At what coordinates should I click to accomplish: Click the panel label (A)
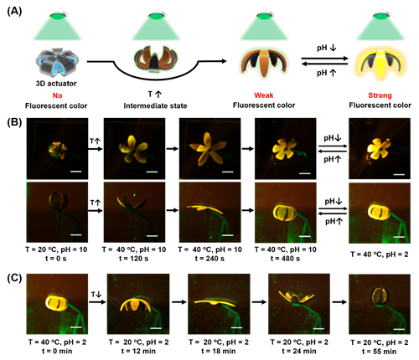[x=14, y=11]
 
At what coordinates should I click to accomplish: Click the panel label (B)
[x=14, y=122]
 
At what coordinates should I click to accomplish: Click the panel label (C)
[x=14, y=278]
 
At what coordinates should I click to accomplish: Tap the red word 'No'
[x=57, y=95]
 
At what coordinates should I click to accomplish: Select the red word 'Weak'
[x=264, y=95]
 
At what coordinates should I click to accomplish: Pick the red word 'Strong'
[x=380, y=95]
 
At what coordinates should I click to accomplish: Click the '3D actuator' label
[x=56, y=84]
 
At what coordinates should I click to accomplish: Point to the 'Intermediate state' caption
[x=155, y=105]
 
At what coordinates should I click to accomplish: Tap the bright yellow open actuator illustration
[x=380, y=64]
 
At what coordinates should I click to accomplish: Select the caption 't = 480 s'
[x=285, y=259]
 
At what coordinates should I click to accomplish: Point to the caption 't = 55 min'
[x=380, y=352]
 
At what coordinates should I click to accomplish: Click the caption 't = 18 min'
[x=219, y=351]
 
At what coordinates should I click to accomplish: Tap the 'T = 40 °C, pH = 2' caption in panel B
[x=380, y=255]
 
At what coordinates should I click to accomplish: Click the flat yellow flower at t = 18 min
[x=215, y=302]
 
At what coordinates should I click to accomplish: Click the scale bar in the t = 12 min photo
[x=156, y=328]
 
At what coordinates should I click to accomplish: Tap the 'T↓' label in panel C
[x=96, y=295]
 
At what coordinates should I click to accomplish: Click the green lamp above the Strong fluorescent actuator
[x=380, y=16]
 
